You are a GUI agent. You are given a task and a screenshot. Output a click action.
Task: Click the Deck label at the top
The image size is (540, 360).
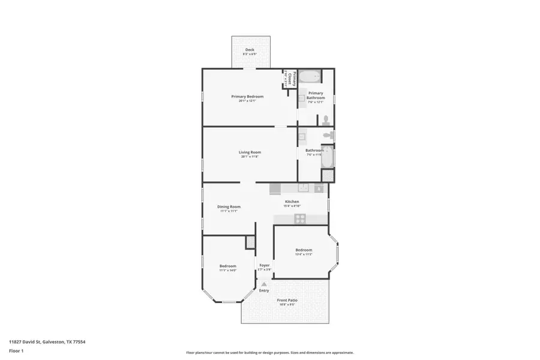pyautogui.click(x=249, y=50)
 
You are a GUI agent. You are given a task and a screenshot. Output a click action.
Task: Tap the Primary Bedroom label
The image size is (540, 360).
pyautogui.click(x=247, y=96)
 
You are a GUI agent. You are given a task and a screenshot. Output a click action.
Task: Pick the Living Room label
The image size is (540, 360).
pyautogui.click(x=250, y=152)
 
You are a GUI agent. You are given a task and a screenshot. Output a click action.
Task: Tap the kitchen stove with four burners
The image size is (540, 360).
pyautogui.click(x=299, y=219)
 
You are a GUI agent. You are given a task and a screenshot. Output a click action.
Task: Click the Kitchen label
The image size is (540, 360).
pyautogui.click(x=292, y=202)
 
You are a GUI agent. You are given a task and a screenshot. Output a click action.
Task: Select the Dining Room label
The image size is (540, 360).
pyautogui.click(x=229, y=207)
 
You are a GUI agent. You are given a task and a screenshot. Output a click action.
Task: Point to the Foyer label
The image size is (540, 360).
pyautogui.click(x=265, y=265)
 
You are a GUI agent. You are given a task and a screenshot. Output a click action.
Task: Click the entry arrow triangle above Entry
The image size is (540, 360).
pyautogui.click(x=264, y=284)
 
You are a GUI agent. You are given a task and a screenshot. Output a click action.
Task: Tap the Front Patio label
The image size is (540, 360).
pyautogui.click(x=287, y=300)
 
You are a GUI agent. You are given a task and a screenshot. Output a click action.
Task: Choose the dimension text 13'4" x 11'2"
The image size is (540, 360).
pyautogui.click(x=303, y=254)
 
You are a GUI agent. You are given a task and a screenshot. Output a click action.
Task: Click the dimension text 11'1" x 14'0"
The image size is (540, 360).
pyautogui.click(x=228, y=270)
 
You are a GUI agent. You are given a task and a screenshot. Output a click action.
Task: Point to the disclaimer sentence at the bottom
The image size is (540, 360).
pyautogui.click(x=269, y=353)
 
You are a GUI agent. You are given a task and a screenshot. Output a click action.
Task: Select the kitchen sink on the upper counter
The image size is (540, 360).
pyautogui.click(x=303, y=188)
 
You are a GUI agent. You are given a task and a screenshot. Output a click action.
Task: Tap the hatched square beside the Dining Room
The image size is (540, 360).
pyautogui.click(x=250, y=242)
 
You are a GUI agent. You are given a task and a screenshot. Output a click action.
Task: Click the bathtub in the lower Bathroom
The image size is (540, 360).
pyautogui.click(x=328, y=157)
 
